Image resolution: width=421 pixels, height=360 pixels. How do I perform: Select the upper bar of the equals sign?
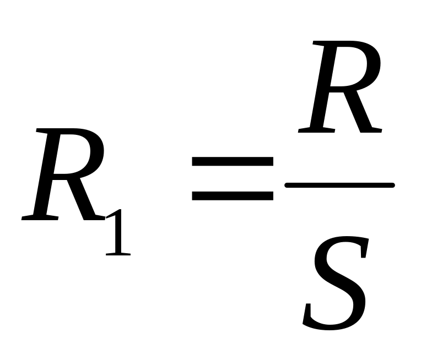pyautogui.click(x=232, y=162)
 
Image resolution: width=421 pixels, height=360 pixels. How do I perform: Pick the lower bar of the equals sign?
pyautogui.click(x=232, y=195)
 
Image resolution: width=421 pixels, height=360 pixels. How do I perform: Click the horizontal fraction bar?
pyautogui.click(x=339, y=186)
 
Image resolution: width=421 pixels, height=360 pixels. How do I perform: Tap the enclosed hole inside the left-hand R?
pyautogui.click(x=77, y=154)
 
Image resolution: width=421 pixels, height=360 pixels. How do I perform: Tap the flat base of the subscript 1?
pyautogui.click(x=118, y=254)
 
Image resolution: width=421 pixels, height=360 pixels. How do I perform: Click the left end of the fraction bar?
pyautogui.click(x=287, y=186)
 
